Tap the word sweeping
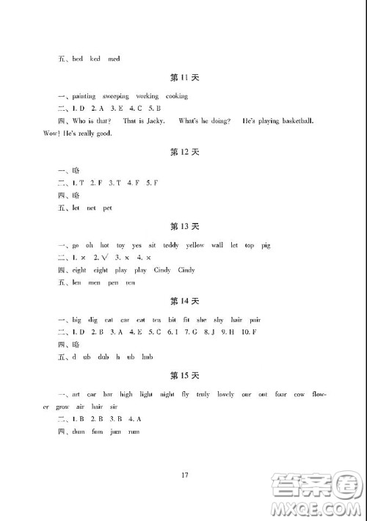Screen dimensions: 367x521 [x=115, y=96]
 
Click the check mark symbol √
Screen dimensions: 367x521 [x=108, y=258]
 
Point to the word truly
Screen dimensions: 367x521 [x=202, y=394]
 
